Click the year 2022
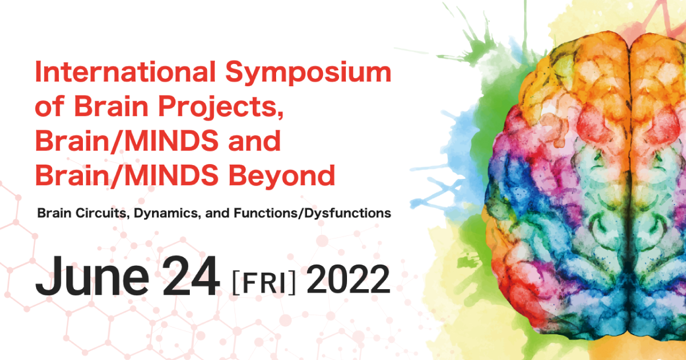[348, 280]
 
